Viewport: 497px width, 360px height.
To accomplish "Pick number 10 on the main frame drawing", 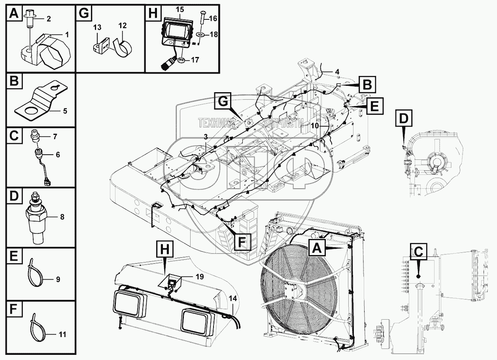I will coord(315,125).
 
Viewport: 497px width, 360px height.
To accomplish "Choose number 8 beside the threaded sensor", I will coord(62,217).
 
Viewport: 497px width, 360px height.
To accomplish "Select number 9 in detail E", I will coord(58,279).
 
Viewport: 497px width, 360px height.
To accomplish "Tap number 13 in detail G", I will coord(97,27).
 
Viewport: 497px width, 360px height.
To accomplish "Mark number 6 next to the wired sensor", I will coord(57,155).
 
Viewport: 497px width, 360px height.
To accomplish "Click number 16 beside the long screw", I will coord(213,18).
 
